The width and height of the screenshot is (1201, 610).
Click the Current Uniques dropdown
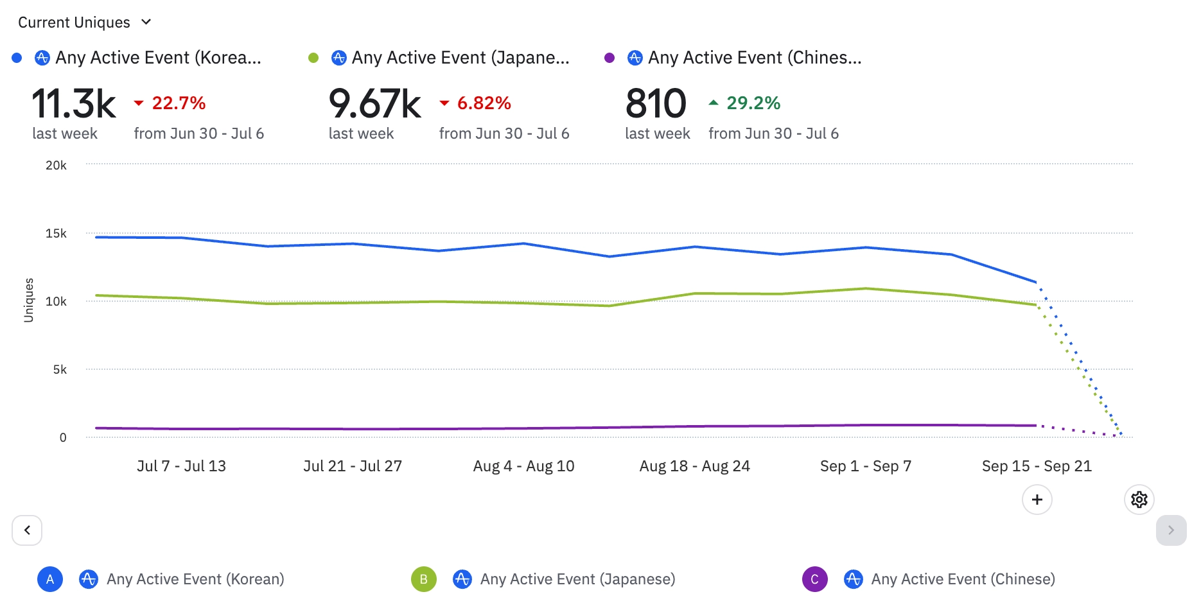[x=84, y=22]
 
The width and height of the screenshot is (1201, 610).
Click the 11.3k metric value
[x=74, y=104]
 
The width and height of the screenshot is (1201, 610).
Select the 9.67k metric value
[x=374, y=104]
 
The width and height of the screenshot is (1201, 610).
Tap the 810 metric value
[x=656, y=104]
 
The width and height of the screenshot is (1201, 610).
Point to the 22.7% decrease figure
[x=178, y=103]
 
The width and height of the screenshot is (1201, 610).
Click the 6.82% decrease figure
[x=484, y=103]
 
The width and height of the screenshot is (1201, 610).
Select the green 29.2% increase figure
[x=753, y=103]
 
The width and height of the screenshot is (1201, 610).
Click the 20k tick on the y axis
[x=56, y=166]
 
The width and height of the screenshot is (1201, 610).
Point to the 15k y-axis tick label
[x=56, y=234]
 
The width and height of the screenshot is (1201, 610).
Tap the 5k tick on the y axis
[x=60, y=370]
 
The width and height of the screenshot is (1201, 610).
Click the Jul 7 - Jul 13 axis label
[x=181, y=466]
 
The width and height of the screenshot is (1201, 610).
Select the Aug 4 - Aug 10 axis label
[x=523, y=466]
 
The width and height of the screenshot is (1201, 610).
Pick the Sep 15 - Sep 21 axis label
[x=1037, y=466]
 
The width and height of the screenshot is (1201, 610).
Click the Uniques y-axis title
[x=28, y=300]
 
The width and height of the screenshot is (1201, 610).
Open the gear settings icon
[x=1139, y=500]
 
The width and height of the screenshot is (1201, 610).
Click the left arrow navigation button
[x=27, y=530]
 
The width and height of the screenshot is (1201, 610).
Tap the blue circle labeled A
[x=50, y=579]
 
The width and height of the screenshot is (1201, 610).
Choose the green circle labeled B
[x=424, y=579]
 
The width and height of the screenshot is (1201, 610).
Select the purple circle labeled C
[x=814, y=579]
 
